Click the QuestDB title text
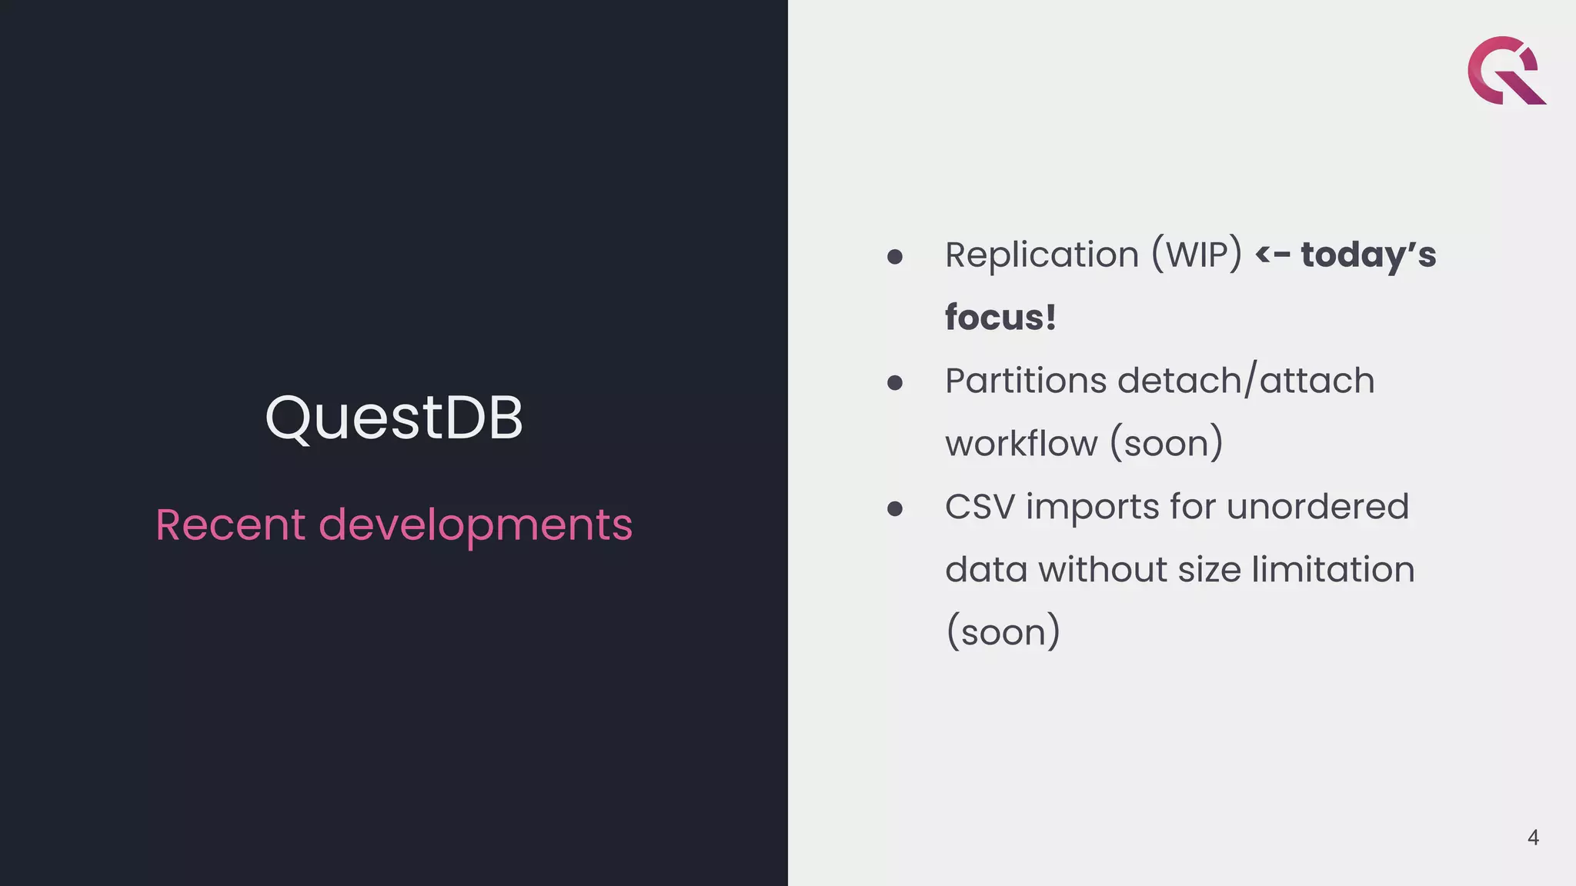pos(393,418)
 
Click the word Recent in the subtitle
pos(230,525)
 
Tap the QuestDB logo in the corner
pos(1506,71)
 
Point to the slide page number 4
pos(1533,838)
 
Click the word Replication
pos(1041,255)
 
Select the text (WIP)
pos(1197,255)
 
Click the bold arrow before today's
pos(1272,255)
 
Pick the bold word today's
pos(1368,256)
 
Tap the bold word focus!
pos(1000,318)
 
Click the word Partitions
pos(1025,381)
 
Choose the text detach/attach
pos(1246,381)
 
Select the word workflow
pos(1021,444)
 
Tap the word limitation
pos(1333,570)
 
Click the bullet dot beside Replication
pos(894,257)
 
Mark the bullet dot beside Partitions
pos(894,383)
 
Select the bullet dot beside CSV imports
pos(894,509)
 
